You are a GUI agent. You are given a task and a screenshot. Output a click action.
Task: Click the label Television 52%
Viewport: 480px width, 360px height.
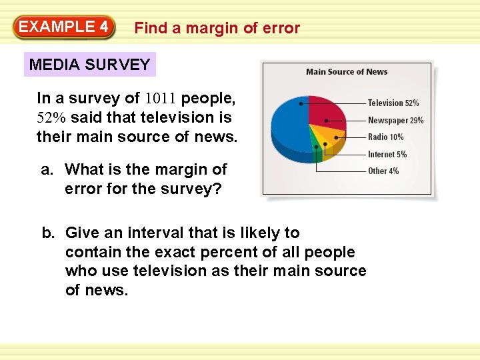point(393,103)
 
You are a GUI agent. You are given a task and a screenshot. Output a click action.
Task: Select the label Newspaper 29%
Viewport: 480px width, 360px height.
point(395,121)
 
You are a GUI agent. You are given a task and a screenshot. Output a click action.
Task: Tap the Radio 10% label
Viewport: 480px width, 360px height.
point(385,137)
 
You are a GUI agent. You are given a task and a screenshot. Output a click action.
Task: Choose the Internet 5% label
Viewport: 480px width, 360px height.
point(387,155)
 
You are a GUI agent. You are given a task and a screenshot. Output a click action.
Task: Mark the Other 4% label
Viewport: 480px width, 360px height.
point(383,171)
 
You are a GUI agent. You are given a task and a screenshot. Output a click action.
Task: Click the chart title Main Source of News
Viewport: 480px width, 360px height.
point(347,72)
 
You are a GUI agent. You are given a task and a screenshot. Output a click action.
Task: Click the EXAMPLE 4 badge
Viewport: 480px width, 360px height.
point(64,27)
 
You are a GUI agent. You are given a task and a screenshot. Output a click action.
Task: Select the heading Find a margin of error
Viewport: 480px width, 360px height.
point(217,28)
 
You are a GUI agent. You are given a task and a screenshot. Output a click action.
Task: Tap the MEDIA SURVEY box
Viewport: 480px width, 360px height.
point(90,65)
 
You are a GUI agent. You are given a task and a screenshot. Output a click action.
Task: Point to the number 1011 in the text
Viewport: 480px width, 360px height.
point(160,99)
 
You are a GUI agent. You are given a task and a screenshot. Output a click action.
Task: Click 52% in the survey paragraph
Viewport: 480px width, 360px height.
point(50,118)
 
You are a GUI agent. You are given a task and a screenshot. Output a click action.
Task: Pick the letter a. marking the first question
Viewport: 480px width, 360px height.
point(47,169)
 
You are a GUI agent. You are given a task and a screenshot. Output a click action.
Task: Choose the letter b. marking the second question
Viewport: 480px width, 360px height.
point(48,233)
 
